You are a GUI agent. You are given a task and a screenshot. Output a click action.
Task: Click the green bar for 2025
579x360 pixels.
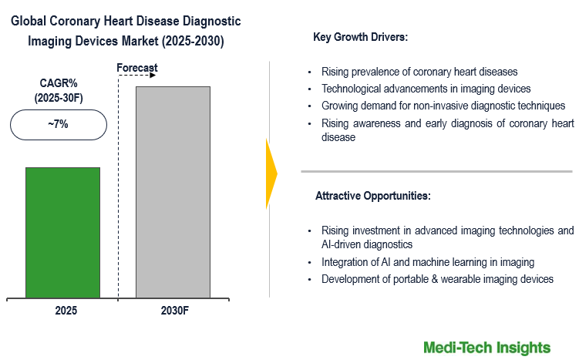coord(62,232)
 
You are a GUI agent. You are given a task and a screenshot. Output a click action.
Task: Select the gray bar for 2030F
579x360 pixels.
coord(173,192)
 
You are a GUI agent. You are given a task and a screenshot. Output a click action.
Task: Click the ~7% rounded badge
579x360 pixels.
coord(59,124)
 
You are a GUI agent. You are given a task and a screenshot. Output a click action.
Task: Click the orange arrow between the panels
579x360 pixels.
coord(271,173)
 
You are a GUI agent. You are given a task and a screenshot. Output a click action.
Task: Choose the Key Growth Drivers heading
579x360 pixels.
coord(361,37)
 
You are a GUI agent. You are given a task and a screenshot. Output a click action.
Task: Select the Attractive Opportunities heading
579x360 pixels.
coord(373,196)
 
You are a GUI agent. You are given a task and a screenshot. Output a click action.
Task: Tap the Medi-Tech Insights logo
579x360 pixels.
coord(486,348)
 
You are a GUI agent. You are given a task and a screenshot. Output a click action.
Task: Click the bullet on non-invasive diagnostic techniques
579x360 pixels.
coord(443,106)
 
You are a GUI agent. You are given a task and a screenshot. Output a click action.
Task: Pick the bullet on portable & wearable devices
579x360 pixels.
coord(437,279)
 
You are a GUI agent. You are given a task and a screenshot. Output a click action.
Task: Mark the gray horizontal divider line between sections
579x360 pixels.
coord(437,171)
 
